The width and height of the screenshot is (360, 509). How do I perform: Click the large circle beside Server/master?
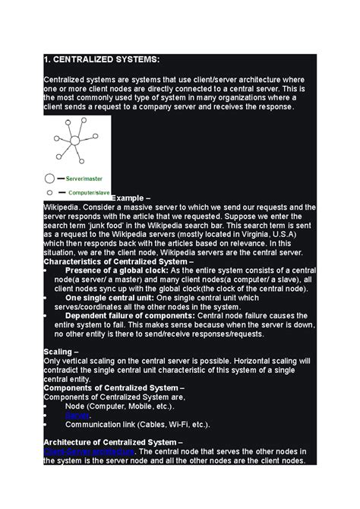tap(50, 178)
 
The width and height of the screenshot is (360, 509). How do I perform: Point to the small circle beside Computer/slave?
tap(49, 192)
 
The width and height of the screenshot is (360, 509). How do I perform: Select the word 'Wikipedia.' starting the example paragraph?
tap(62, 207)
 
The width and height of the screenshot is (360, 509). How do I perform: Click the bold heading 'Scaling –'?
tap(61, 352)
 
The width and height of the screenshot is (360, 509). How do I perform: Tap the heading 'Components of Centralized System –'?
tap(114, 387)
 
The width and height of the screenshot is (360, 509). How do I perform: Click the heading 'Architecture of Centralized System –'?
tap(113, 442)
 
